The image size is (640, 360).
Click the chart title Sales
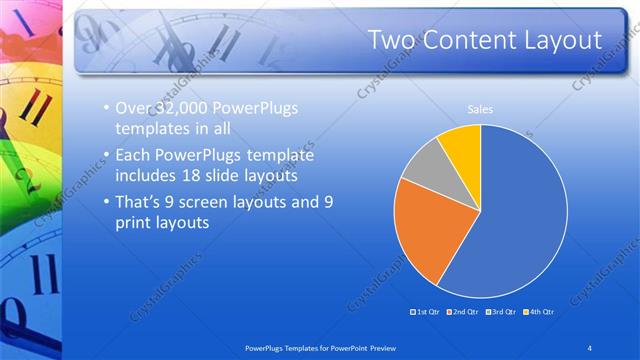pyautogui.click(x=480, y=109)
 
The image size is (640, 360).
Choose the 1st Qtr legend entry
pyautogui.click(x=427, y=312)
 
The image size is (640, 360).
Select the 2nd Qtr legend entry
pyautogui.click(x=461, y=312)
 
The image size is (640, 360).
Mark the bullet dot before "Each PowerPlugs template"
pyautogui.click(x=108, y=156)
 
